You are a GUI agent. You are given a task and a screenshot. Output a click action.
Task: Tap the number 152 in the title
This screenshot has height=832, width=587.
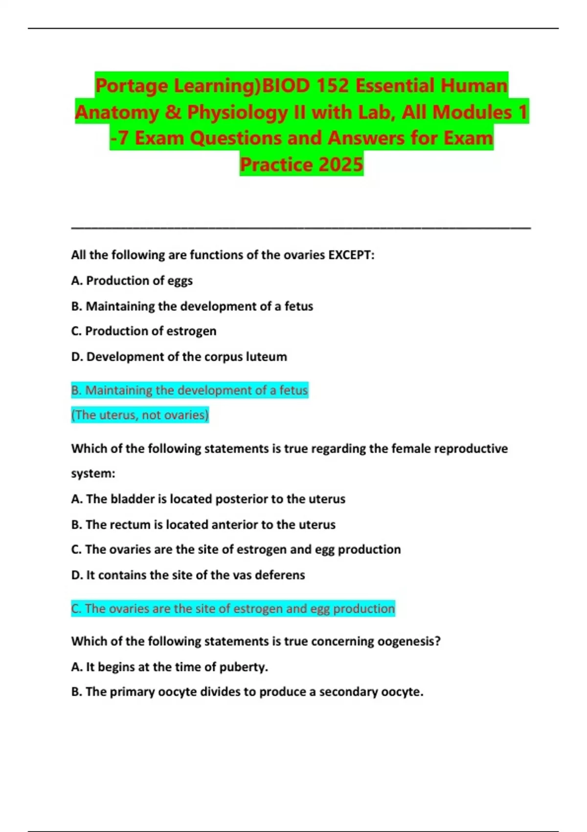[x=332, y=86]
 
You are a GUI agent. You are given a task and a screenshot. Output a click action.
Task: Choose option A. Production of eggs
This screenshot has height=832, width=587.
[x=132, y=280]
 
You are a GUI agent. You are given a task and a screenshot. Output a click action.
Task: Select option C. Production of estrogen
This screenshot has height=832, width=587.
[x=144, y=331]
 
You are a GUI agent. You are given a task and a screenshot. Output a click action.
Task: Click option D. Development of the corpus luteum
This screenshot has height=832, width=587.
[x=179, y=357]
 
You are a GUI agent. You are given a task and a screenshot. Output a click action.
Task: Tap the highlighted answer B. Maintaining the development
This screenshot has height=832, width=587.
[x=189, y=390]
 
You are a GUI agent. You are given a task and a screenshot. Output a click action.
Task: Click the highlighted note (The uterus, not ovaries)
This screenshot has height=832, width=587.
[x=140, y=415]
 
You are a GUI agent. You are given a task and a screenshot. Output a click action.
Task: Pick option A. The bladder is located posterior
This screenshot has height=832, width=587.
[x=208, y=499]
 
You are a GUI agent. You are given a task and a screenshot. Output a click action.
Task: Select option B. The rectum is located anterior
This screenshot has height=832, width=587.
[x=203, y=525]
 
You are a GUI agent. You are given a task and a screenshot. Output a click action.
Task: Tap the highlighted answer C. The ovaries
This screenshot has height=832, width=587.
[x=233, y=608]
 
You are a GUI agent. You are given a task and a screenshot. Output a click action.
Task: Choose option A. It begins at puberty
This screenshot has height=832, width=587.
[x=170, y=667]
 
